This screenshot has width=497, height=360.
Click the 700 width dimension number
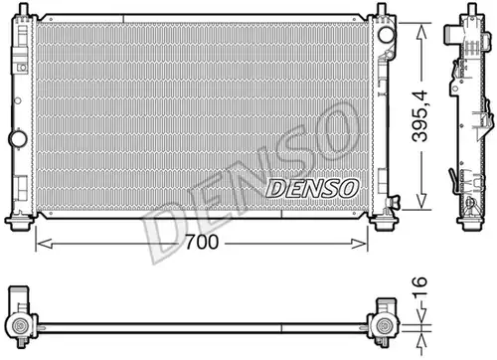click(202, 243)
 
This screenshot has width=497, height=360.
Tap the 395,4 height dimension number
click(420, 116)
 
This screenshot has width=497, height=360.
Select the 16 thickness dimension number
click(419, 286)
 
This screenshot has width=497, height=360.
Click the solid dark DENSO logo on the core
click(312, 188)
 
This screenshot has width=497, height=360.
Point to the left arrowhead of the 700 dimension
click(44, 244)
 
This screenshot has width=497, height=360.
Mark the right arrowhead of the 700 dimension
click(359, 244)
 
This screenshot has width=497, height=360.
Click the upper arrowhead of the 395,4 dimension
click(421, 33)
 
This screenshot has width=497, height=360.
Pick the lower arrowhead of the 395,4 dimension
click(421, 201)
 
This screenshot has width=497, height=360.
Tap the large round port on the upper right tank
click(387, 35)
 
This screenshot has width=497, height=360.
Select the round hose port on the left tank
click(18, 139)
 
